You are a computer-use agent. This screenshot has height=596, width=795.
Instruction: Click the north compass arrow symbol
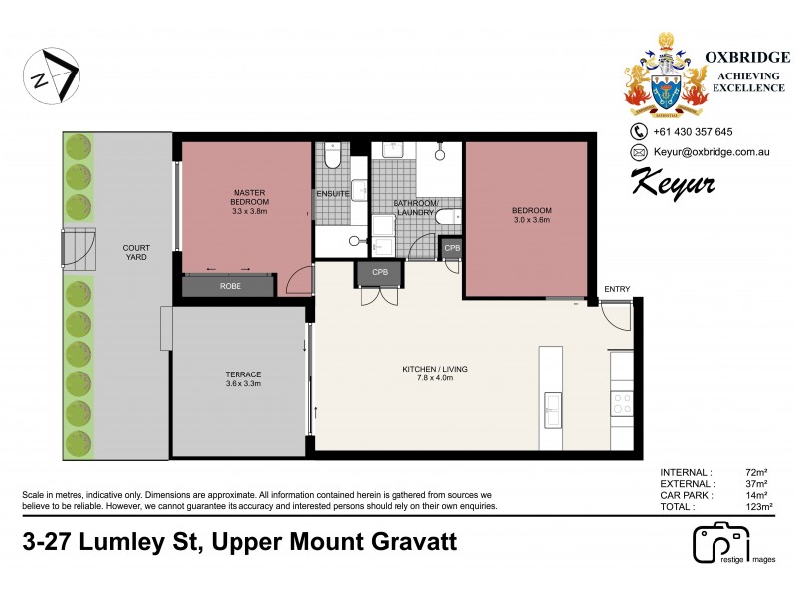[56, 74]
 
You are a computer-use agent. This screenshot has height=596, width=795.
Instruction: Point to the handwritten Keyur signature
[673, 182]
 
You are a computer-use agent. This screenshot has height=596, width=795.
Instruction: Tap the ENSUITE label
[332, 194]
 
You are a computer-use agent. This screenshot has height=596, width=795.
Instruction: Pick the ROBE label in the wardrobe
[228, 286]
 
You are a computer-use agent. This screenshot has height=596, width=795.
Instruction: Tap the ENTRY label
[616, 289]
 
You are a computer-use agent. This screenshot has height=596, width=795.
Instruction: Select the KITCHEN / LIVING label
[434, 372]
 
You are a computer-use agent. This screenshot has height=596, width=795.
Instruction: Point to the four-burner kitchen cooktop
[621, 403]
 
